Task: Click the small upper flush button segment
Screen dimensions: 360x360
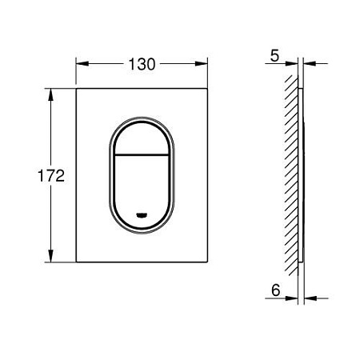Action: (x=141, y=134)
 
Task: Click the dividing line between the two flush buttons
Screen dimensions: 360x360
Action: (x=141, y=153)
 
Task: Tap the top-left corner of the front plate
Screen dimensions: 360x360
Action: (x=77, y=90)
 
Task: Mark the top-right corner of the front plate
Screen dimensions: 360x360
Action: (x=206, y=90)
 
